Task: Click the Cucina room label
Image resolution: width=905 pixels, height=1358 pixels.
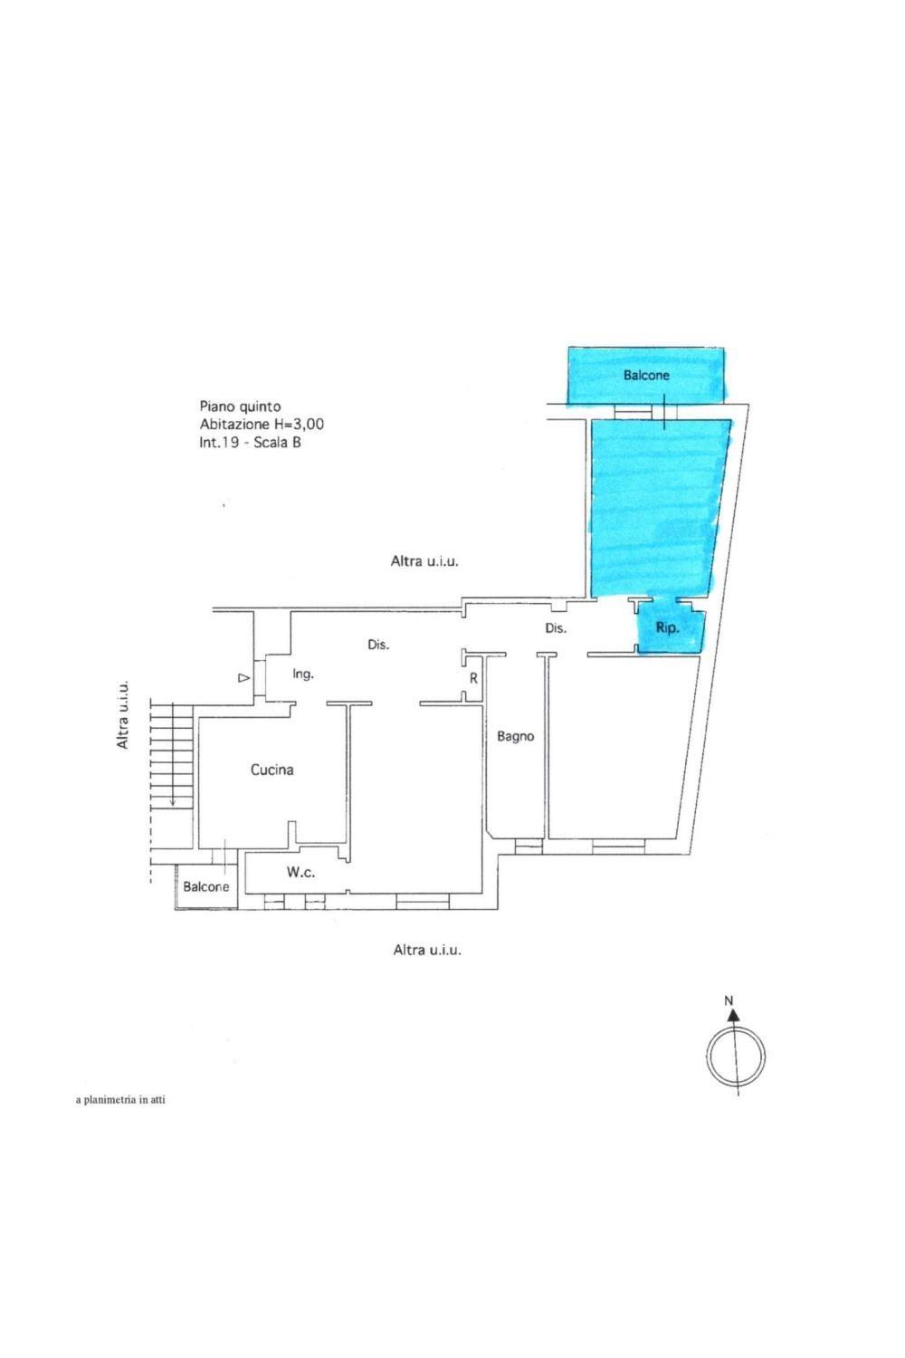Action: coord(271,770)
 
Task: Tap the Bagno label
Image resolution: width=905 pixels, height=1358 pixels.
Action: coord(515,737)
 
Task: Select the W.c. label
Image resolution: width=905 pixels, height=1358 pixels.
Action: coord(300,873)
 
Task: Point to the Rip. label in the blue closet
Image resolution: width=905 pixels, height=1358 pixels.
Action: coord(667,628)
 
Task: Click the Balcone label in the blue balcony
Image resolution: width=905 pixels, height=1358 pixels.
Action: coord(646,376)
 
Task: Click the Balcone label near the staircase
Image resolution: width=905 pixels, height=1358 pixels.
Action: coord(206,886)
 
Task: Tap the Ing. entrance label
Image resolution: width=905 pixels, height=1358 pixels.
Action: coord(303,674)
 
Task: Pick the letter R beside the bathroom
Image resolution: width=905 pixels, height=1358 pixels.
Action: coord(473,679)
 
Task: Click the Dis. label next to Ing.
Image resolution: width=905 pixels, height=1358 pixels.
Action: coord(378,645)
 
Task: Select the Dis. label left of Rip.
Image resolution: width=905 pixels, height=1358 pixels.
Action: coord(556,628)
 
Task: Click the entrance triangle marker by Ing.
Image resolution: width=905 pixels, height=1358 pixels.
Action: coord(243,678)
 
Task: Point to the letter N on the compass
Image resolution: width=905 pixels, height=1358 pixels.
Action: coord(729,1001)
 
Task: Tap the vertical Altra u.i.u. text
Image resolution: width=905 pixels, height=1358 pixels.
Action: coord(123,714)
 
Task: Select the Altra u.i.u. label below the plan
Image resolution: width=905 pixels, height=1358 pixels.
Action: coord(427,950)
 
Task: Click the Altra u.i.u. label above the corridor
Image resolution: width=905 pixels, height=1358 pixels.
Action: coord(424,561)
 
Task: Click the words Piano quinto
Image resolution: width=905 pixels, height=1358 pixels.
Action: coord(240,406)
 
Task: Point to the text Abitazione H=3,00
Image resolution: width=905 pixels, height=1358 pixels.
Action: coord(262,425)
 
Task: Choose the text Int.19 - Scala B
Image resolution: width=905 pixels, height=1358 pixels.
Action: coord(250,443)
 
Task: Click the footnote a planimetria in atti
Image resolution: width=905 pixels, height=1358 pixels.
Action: coord(120,1100)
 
